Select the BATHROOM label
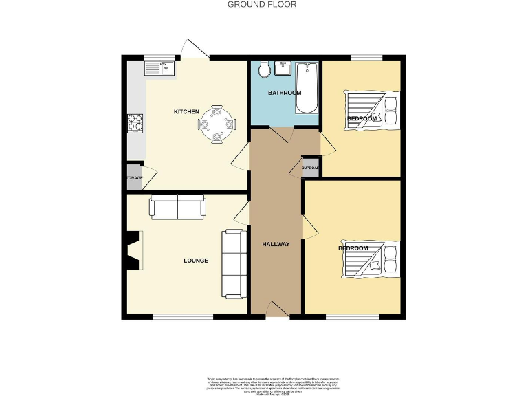(x=285, y=93)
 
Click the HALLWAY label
(x=276, y=245)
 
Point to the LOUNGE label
(x=195, y=261)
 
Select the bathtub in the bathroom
(x=306, y=88)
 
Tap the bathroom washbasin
(x=283, y=67)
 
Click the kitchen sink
(x=159, y=67)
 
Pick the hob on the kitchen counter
(x=135, y=122)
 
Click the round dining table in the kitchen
(x=217, y=124)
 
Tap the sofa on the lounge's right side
(x=234, y=263)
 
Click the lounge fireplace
(x=132, y=252)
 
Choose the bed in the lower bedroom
(x=371, y=261)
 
